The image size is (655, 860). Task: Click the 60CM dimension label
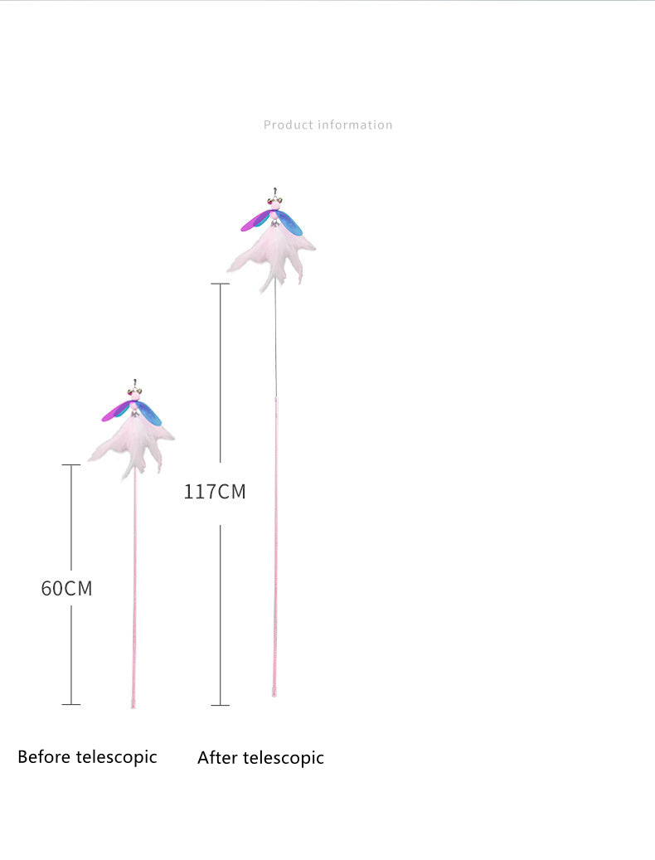[x=66, y=588]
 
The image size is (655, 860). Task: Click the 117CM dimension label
[x=214, y=492]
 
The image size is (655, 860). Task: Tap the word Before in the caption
[x=45, y=756]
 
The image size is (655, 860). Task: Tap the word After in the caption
[x=217, y=757]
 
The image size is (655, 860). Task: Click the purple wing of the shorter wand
[x=116, y=411]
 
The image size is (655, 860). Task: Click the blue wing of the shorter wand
[x=149, y=413]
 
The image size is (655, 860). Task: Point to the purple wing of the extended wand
[x=255, y=221]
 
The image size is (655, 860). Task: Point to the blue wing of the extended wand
[x=289, y=223]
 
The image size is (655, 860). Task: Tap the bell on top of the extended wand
[x=274, y=198]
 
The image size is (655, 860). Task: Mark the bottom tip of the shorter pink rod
[x=133, y=707]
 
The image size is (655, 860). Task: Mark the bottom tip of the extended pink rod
[x=274, y=695]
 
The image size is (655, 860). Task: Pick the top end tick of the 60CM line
[x=71, y=464]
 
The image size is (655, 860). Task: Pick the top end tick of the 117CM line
[x=221, y=284]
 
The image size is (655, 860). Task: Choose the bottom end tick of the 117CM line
[x=221, y=705]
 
